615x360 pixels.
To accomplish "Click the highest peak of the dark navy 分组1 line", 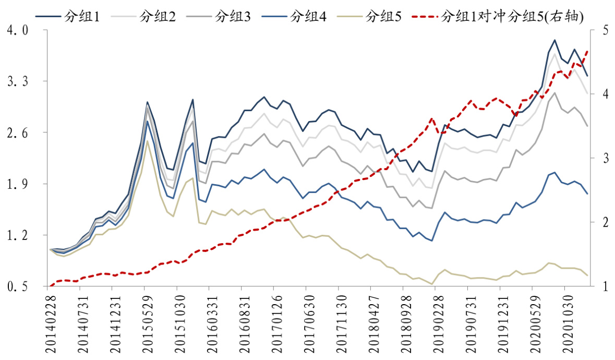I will click(554, 40).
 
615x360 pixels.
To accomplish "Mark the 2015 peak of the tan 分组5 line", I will click(148, 141).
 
